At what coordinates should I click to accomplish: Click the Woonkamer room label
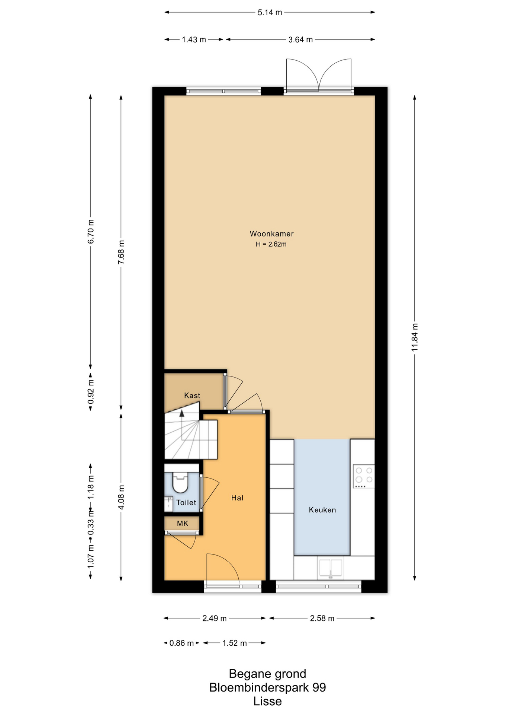point(271,234)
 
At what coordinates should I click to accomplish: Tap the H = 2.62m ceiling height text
point(271,244)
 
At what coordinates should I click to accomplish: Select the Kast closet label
point(192,395)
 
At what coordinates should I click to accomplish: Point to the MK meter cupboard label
point(183,524)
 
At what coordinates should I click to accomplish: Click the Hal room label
point(237,498)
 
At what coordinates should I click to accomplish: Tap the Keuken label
point(322,510)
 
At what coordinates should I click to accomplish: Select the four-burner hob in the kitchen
point(364,477)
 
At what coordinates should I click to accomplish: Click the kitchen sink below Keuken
point(331,568)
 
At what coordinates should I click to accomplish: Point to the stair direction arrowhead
point(182,413)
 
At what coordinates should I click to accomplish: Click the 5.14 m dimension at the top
point(270,12)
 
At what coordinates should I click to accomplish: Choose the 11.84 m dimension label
point(415,337)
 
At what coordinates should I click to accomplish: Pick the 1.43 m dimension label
point(194,39)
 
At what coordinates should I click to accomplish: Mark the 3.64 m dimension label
point(300,39)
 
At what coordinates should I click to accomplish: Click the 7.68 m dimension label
point(121,252)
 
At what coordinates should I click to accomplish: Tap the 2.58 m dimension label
point(322,618)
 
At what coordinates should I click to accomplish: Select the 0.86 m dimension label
point(181,643)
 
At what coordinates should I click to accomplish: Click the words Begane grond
point(267,674)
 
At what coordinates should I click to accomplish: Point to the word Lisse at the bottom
point(267,701)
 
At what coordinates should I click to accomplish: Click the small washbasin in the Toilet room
point(169,504)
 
